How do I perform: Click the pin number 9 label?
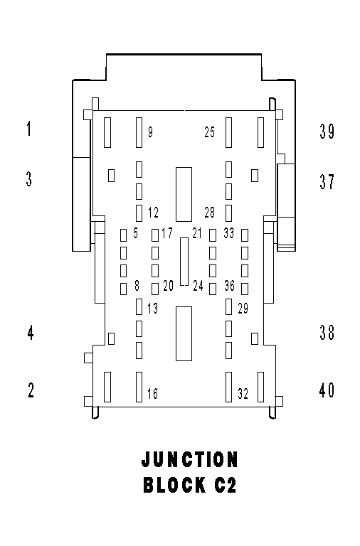coord(150,132)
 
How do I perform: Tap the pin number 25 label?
coord(210,132)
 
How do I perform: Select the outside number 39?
coord(327,132)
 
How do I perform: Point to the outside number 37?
coord(327,181)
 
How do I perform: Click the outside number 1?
coord(29,128)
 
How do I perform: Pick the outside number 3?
coord(29,178)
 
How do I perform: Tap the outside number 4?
coord(31,333)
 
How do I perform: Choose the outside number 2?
coord(31,390)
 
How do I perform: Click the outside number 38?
coord(327,332)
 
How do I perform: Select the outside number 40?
coord(327,390)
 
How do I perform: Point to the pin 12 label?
coord(154,213)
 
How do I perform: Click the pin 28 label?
coord(210,213)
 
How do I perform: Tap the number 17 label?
coord(167,233)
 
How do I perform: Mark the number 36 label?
coord(230,286)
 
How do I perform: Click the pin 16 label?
coord(153,393)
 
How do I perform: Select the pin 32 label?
coord(243,393)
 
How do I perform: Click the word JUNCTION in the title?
coord(190,459)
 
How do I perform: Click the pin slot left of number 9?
coord(139,132)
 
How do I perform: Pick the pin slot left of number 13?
coord(139,307)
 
